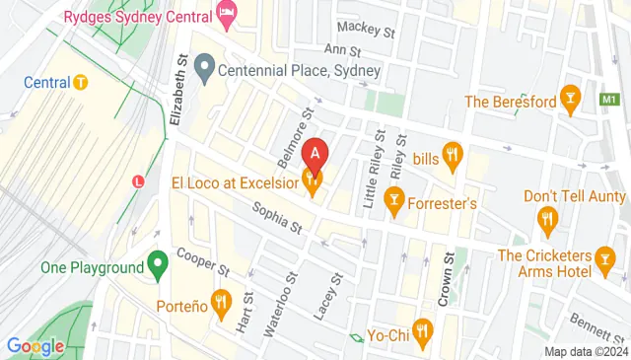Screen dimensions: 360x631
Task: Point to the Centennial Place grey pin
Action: click(205, 69)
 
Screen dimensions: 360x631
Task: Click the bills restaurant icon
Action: click(453, 156)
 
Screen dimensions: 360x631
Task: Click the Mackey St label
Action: click(366, 31)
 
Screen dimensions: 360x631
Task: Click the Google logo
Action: click(35, 346)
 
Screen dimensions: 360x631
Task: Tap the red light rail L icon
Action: click(138, 182)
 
